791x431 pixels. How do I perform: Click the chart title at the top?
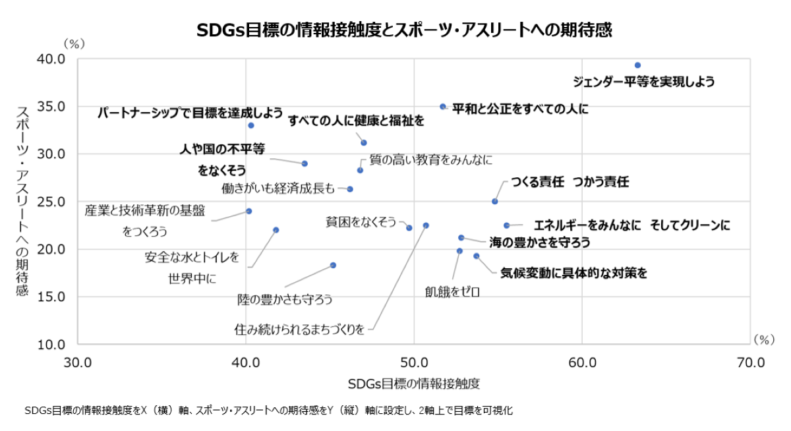395,30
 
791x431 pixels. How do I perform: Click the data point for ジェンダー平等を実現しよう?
637,65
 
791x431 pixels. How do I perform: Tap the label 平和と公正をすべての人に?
520,107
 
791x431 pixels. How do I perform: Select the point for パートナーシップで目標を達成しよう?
251,125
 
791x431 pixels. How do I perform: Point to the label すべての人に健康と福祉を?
356,121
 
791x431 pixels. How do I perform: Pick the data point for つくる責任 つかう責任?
495,201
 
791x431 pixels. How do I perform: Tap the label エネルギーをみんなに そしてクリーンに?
631,225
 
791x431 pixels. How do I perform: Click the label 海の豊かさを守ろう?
539,243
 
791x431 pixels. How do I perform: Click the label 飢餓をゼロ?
452,291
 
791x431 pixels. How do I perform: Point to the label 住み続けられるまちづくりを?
299,328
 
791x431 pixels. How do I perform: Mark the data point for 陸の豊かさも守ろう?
333,265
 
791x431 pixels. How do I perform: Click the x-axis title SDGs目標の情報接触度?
413,384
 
